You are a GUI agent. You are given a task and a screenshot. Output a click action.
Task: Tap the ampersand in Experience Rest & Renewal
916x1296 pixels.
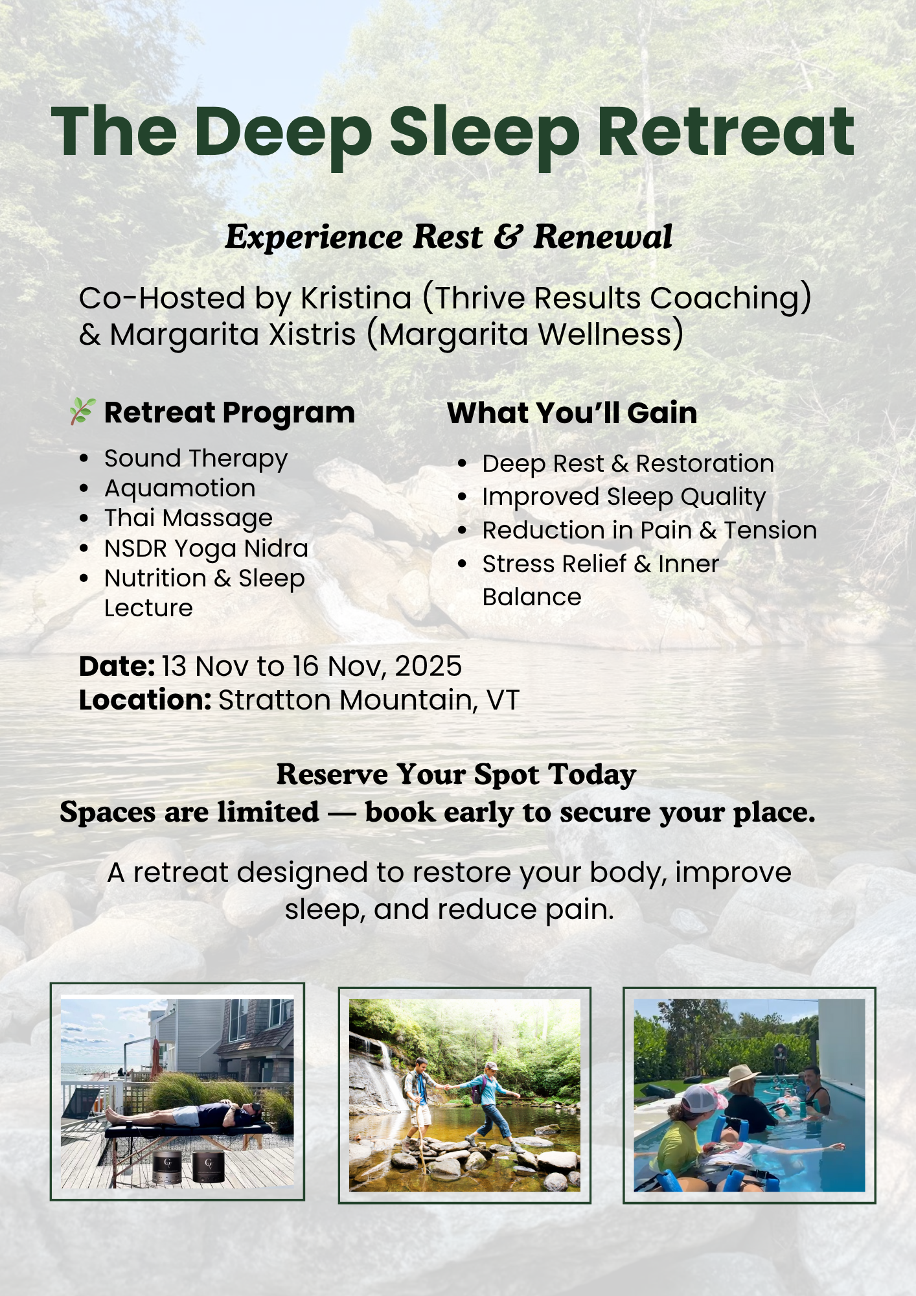[509, 237]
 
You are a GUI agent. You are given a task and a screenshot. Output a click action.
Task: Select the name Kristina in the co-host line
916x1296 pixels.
[356, 299]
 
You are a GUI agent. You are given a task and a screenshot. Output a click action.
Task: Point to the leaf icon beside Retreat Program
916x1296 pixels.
[83, 411]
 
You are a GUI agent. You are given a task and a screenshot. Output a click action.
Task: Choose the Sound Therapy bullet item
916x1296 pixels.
[196, 459]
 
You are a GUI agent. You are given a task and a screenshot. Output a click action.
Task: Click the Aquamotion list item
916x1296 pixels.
[180, 489]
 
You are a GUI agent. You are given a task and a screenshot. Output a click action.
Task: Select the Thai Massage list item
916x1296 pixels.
[189, 519]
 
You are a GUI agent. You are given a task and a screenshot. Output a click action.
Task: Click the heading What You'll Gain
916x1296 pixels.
[572, 413]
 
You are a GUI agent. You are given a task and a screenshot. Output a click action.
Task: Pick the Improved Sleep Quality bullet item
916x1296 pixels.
[624, 498]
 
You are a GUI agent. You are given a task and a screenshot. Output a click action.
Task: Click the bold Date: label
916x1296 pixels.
[117, 666]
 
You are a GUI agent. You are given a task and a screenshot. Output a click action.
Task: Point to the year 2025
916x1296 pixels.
[428, 666]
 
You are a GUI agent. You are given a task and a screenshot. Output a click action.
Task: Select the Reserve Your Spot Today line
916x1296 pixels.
[457, 775]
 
